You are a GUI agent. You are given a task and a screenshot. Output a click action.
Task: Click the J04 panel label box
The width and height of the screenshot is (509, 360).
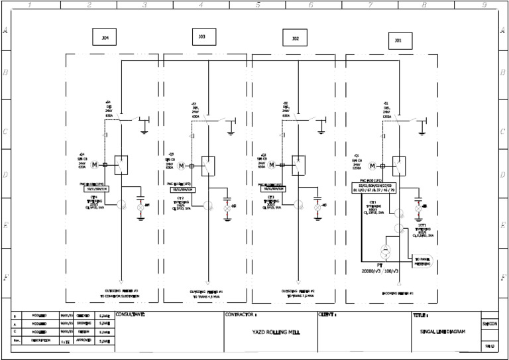(x=105, y=38)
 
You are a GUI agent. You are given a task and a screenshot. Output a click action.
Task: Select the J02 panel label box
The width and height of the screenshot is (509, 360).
(x=294, y=39)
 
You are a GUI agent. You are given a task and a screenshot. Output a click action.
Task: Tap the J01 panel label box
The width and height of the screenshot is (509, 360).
(x=398, y=41)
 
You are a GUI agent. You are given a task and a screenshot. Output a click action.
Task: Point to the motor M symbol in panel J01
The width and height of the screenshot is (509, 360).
(x=372, y=165)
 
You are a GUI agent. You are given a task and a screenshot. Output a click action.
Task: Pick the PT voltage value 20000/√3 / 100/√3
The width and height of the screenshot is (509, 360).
(x=380, y=271)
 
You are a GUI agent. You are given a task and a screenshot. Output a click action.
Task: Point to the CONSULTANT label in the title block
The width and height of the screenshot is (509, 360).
(x=130, y=315)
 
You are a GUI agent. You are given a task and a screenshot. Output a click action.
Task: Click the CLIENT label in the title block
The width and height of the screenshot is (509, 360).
(x=329, y=315)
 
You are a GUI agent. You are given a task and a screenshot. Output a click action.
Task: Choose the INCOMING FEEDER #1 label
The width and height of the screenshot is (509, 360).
(x=398, y=293)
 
